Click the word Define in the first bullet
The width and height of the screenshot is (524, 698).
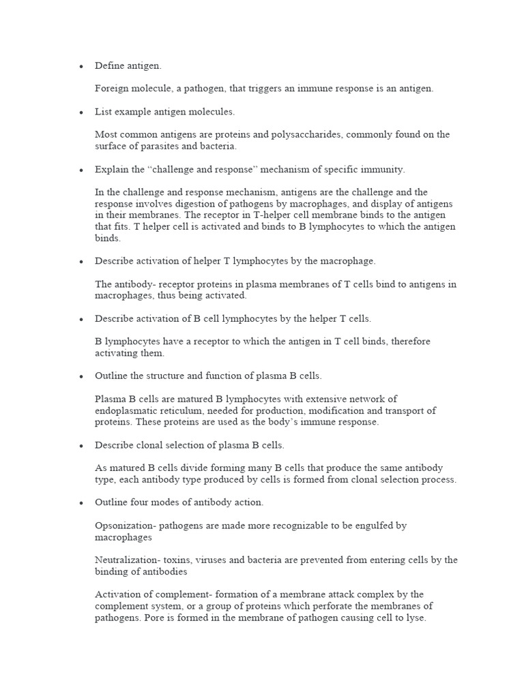pyautogui.click(x=110, y=65)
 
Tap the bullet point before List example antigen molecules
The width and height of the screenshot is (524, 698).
pyautogui.click(x=81, y=112)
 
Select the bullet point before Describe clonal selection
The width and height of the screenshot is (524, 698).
pyautogui.click(x=81, y=446)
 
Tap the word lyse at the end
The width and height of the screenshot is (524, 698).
pyautogui.click(x=416, y=618)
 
